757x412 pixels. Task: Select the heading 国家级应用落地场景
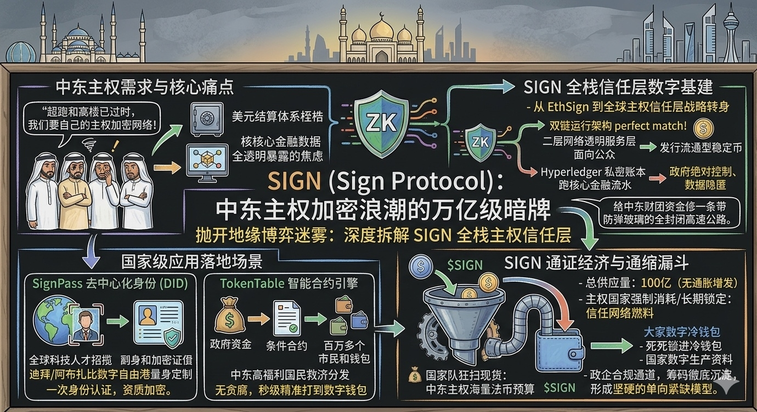[x=191, y=261]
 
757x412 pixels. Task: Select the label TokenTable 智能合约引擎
[x=289, y=283]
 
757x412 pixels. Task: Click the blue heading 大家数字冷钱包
[x=682, y=332]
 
